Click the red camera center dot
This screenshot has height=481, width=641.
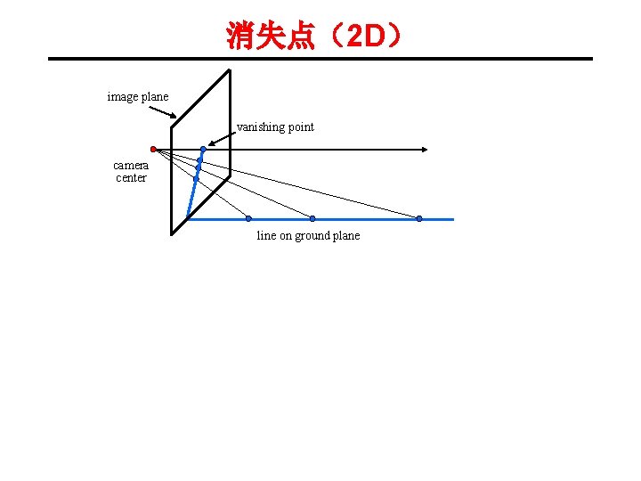tap(153, 149)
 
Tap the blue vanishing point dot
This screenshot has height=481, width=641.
tap(203, 149)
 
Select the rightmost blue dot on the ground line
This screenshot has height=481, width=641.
tap(419, 218)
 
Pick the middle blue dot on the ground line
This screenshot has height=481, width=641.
tap(312, 218)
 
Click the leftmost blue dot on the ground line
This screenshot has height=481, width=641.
tap(248, 218)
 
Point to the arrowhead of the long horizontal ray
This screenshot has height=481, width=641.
tap(429, 150)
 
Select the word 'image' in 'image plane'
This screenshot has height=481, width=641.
tap(122, 96)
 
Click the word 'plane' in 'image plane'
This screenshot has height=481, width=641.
tap(154, 96)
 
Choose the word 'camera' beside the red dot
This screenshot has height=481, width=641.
tap(131, 165)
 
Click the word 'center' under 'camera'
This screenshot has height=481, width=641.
tap(131, 177)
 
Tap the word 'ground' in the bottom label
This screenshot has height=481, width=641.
tap(311, 235)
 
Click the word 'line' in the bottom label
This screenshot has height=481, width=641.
tap(266, 235)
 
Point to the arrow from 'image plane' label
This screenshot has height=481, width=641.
tap(163, 113)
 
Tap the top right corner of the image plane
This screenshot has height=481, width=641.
tap(230, 69)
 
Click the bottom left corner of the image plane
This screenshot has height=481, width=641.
tap(172, 233)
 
